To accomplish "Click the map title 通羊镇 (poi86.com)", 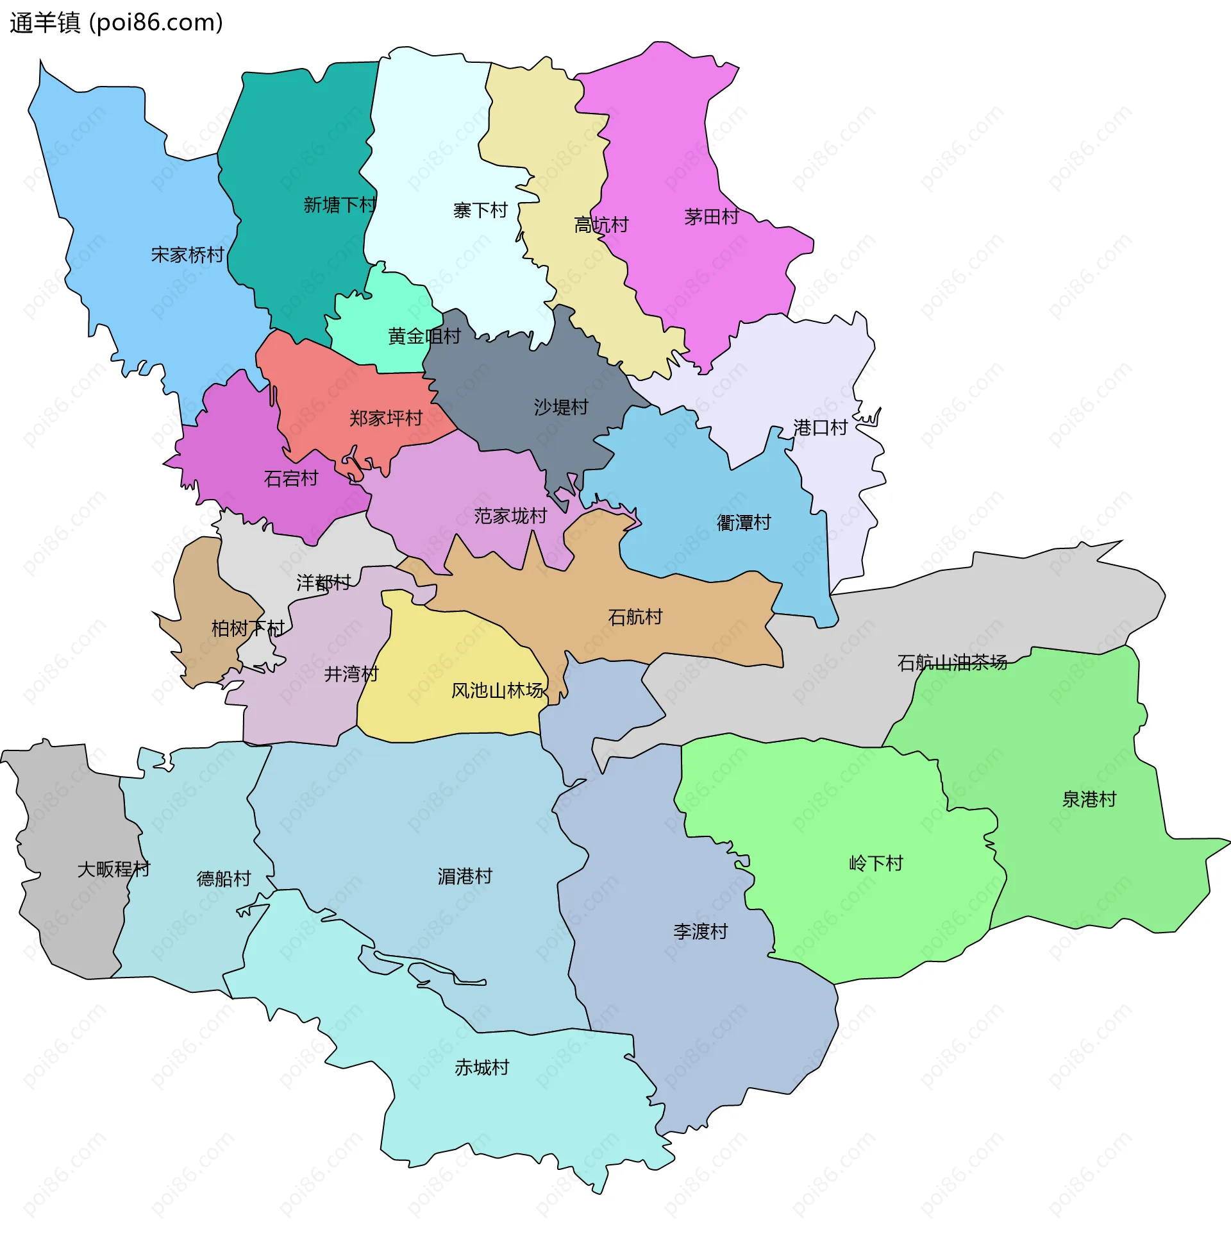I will [116, 23].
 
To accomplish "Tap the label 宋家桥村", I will [187, 255].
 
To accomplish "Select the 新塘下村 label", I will [339, 205].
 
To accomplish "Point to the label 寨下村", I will [480, 210].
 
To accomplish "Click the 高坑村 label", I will [601, 225].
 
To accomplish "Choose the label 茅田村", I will [711, 217].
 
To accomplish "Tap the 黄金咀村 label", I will [424, 336].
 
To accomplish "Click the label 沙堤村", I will [561, 407].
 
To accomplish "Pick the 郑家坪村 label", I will [385, 419].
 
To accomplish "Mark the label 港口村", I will [820, 428].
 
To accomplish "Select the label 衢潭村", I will [743, 523].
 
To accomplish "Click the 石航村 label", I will [635, 617].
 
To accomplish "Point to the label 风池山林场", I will [498, 691].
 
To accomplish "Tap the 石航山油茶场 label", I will [952, 663].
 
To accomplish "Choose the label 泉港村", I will [1089, 799].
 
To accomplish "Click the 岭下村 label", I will [876, 863].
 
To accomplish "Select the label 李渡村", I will [700, 931].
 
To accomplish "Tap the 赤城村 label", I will [482, 1067].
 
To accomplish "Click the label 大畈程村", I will [113, 869].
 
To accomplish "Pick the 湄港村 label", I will [465, 876].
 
